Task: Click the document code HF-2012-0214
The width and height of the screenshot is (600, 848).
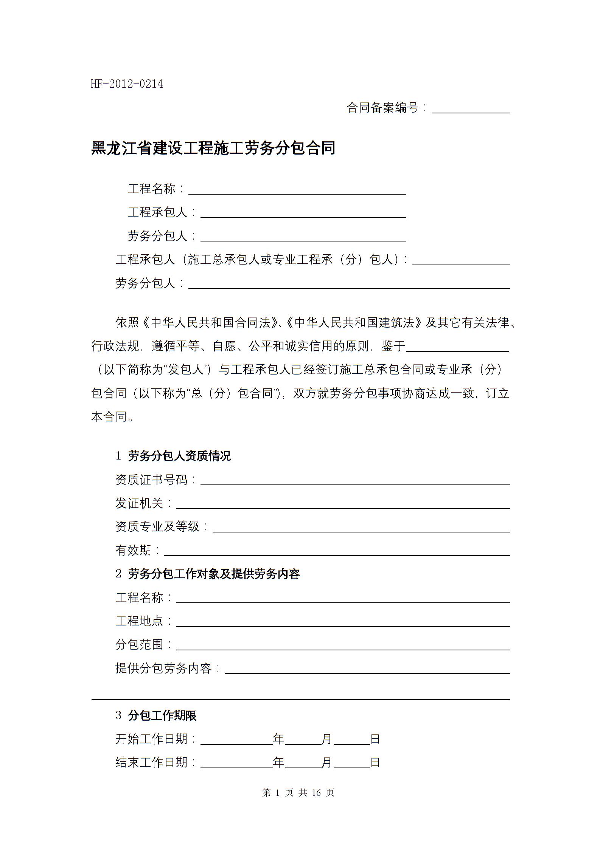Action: (x=127, y=84)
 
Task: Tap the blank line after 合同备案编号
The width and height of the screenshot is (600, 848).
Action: (x=471, y=110)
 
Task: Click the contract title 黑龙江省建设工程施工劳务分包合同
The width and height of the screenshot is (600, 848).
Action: (x=213, y=148)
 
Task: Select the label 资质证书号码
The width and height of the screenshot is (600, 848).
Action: (x=151, y=480)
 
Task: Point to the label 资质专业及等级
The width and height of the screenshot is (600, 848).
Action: (x=157, y=526)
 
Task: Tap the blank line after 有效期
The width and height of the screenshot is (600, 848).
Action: (x=337, y=552)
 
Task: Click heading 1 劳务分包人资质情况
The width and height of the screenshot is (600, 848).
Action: (x=173, y=456)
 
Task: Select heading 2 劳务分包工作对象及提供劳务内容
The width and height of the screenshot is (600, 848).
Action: (x=208, y=574)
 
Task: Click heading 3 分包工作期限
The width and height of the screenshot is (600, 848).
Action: (x=156, y=715)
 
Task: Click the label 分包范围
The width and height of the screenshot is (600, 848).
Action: (x=139, y=644)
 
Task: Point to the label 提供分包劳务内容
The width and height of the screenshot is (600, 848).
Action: (x=163, y=668)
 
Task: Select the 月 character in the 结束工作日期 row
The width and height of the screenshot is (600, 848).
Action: (x=326, y=763)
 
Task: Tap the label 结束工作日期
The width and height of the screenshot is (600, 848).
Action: (x=151, y=763)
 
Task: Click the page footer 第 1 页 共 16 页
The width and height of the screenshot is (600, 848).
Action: (x=298, y=793)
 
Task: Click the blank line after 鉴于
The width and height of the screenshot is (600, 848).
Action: (x=457, y=348)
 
